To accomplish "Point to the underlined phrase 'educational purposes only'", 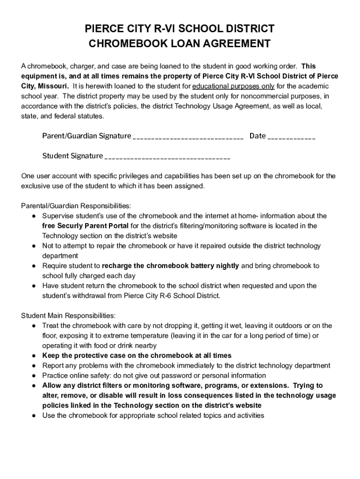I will click(x=233, y=87).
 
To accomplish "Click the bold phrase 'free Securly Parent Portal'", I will click(x=86, y=226).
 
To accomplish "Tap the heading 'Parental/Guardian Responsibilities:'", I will click(x=76, y=206).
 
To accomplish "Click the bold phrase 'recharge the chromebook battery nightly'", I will click(x=170, y=266).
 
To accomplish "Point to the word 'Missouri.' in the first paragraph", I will click(x=54, y=87).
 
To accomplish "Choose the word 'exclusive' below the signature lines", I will click(x=35, y=186).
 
